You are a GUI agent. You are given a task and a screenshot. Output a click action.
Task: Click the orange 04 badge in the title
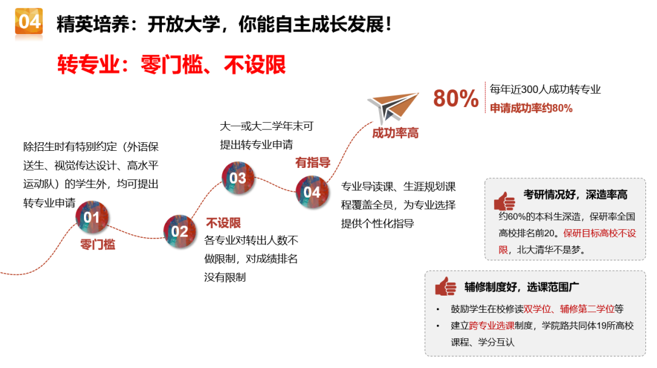tap(29, 21)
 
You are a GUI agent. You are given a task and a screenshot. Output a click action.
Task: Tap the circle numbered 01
tap(92, 217)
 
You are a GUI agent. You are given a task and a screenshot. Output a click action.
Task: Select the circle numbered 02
tap(179, 231)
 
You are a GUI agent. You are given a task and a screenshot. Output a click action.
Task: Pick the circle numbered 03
tap(238, 178)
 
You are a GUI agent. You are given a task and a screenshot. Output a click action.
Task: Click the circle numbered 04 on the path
tap(312, 192)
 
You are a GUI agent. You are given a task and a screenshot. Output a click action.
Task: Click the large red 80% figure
tap(456, 99)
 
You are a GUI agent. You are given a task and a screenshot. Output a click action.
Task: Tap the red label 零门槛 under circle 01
tap(97, 245)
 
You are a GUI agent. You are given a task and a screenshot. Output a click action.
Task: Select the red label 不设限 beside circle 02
tap(223, 223)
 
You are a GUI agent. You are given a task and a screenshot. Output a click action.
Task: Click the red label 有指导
tap(313, 162)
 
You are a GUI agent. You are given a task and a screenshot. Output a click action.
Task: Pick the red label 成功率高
tap(395, 133)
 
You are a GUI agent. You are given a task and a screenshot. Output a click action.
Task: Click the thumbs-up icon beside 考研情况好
tap(504, 201)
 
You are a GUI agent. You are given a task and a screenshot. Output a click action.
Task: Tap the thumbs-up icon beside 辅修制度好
tap(445, 286)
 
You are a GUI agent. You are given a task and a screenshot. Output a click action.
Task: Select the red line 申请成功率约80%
tap(531, 108)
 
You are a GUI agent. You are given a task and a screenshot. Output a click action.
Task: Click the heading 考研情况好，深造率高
tap(575, 195)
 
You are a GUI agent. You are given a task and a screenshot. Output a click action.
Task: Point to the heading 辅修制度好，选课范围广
tap(522, 287)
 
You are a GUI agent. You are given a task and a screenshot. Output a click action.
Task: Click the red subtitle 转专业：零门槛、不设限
tap(172, 64)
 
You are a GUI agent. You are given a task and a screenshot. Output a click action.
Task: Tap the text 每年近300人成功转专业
tap(545, 89)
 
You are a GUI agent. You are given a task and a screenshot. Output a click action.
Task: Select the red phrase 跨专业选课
tap(492, 325)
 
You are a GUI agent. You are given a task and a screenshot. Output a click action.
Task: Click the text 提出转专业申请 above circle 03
tap(257, 145)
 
